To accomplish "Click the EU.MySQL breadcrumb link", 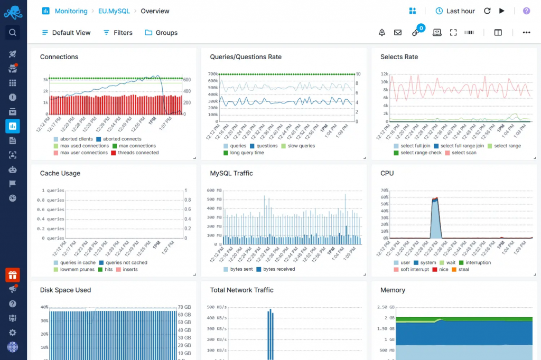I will click(x=114, y=11).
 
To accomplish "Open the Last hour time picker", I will click(x=455, y=11).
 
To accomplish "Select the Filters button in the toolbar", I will click(x=118, y=33).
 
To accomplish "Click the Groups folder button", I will click(x=161, y=33).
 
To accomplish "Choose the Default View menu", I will click(x=66, y=33).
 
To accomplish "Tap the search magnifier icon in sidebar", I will click(x=13, y=33).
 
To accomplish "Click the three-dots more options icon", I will click(x=526, y=33).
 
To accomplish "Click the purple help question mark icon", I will click(x=526, y=11).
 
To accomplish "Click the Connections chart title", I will click(x=59, y=57).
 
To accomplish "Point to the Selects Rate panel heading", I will click(x=399, y=57).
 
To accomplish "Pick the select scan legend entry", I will click(x=464, y=153).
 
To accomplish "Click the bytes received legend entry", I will click(x=278, y=270).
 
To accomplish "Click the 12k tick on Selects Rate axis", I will click(x=384, y=74).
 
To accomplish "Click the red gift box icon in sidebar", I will click(x=13, y=275).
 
